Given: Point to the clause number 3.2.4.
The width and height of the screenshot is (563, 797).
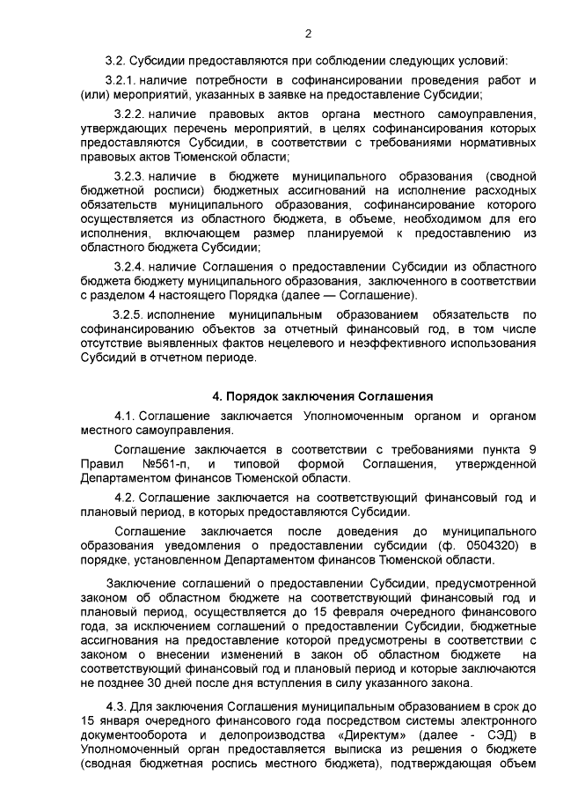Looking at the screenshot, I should pyautogui.click(x=129, y=265).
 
